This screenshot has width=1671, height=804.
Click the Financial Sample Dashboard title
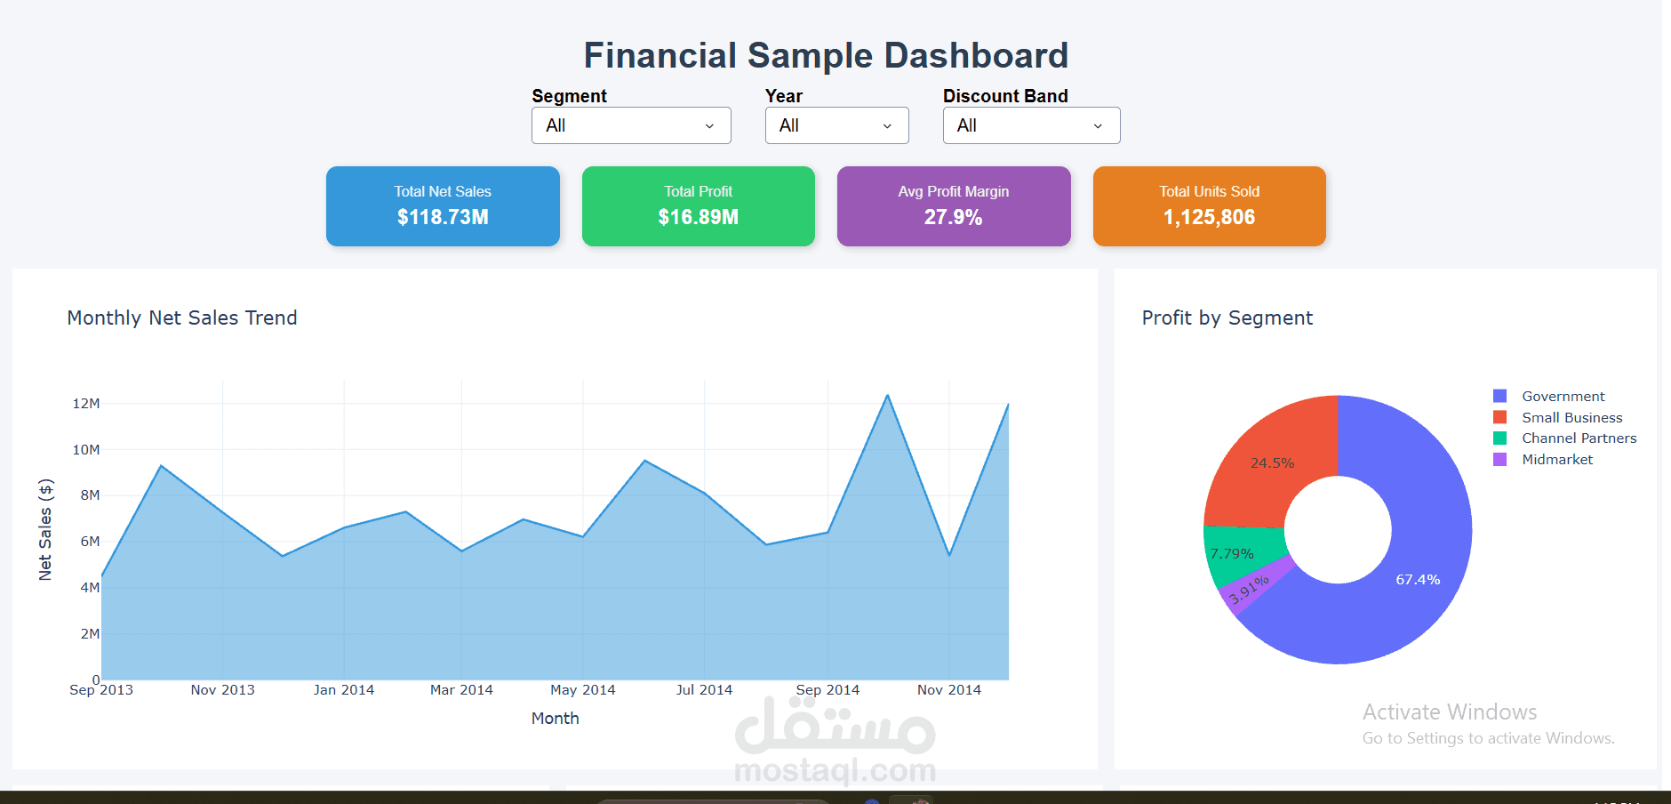[826, 55]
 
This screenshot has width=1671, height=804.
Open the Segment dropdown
[631, 125]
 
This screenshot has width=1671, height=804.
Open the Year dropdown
[836, 125]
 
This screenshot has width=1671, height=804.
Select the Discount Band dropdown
[1031, 125]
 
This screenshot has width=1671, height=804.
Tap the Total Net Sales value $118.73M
[443, 217]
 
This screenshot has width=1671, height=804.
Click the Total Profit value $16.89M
[698, 217]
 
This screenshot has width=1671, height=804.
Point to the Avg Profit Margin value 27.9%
[953, 217]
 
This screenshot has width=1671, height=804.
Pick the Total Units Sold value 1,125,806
[1209, 217]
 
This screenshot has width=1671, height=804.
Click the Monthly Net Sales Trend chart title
[182, 318]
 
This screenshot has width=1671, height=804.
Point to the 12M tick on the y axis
[86, 404]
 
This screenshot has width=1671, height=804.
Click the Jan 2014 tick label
[344, 690]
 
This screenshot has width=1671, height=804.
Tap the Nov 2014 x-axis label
[949, 690]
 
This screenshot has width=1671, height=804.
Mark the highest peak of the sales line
[887, 396]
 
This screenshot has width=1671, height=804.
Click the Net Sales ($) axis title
[45, 530]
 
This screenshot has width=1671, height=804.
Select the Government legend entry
[1563, 397]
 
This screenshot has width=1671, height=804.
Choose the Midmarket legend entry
[1556, 460]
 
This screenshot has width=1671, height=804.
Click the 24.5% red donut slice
[1272, 463]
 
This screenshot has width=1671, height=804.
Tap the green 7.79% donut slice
[1232, 554]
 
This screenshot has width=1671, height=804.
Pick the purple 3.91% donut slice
[1249, 590]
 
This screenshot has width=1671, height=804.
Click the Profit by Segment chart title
[1227, 318]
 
